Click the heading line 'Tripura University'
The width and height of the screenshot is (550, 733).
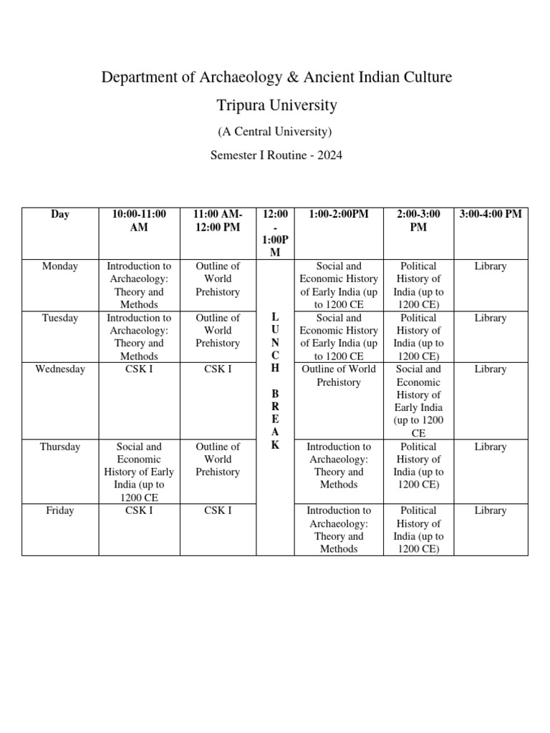276,105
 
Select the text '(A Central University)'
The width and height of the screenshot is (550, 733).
276,132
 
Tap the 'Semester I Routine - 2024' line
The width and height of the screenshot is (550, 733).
276,155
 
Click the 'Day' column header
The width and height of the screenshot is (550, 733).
60,214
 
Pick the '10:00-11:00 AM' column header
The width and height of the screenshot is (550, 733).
139,220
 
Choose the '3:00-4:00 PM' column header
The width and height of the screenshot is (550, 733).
491,214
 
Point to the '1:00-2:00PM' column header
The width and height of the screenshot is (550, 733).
339,214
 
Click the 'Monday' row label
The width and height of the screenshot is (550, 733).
60,266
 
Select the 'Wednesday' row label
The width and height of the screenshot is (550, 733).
60,369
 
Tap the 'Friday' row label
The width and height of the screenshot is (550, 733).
60,510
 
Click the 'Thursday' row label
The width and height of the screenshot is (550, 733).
60,447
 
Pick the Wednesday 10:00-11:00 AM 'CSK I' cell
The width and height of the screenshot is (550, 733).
139,369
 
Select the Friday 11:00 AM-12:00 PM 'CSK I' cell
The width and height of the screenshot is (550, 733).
218,510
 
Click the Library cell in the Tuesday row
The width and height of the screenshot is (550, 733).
491,318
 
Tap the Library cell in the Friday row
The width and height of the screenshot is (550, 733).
491,510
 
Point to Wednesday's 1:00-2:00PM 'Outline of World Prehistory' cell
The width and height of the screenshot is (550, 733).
339,376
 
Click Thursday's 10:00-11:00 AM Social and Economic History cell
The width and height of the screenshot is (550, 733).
139,472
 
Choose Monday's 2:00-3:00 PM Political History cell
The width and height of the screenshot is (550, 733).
418,285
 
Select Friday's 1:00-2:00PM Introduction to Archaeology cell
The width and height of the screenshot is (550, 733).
339,530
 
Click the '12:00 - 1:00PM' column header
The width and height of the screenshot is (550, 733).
276,233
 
